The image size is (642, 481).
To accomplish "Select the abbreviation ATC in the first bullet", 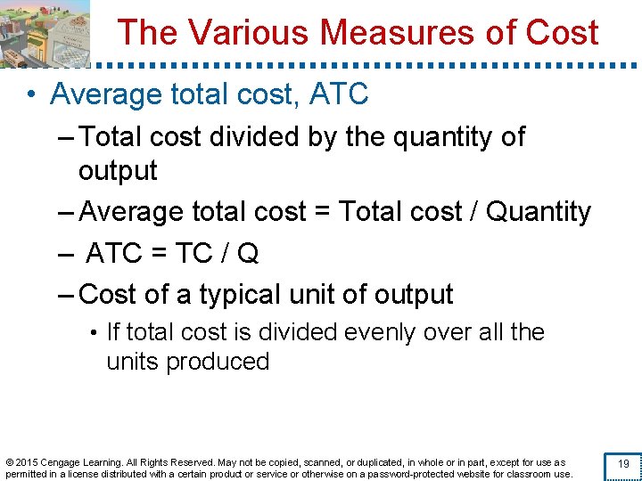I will [x=339, y=94].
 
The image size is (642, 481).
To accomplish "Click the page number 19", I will [x=623, y=464].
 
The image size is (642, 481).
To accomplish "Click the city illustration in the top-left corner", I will [x=45, y=33].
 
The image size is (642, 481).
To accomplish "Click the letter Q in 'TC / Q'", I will [x=249, y=254].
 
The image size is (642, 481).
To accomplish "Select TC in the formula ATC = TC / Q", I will [x=193, y=254].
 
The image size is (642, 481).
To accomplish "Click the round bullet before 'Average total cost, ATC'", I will [x=30, y=94].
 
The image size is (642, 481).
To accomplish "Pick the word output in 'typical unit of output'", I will [x=413, y=294].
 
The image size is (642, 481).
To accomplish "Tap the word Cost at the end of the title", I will [x=562, y=33].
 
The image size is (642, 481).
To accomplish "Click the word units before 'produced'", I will [x=133, y=362].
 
